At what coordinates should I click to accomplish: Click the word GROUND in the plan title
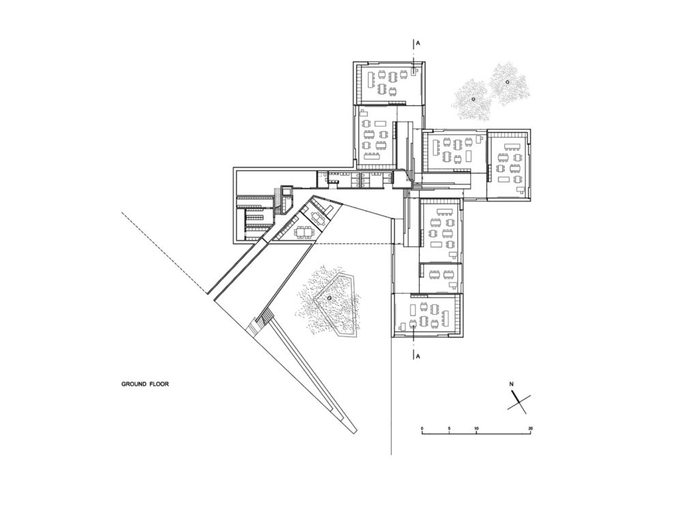(x=130, y=384)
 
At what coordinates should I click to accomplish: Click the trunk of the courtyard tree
(x=329, y=298)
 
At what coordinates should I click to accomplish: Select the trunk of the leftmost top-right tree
(x=473, y=99)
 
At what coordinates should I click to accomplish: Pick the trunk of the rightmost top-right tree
(x=508, y=82)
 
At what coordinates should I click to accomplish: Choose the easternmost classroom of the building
(x=509, y=165)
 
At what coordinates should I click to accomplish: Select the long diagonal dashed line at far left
(x=164, y=253)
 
